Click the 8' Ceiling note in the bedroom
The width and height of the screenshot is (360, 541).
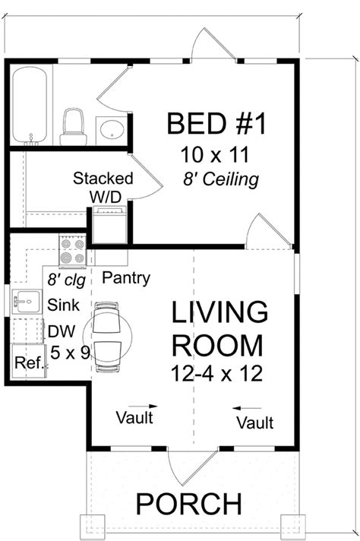220,180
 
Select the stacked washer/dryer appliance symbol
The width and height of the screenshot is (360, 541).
109,223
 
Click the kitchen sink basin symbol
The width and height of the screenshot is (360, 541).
24,302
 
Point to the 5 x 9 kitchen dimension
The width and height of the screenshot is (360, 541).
69,353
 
